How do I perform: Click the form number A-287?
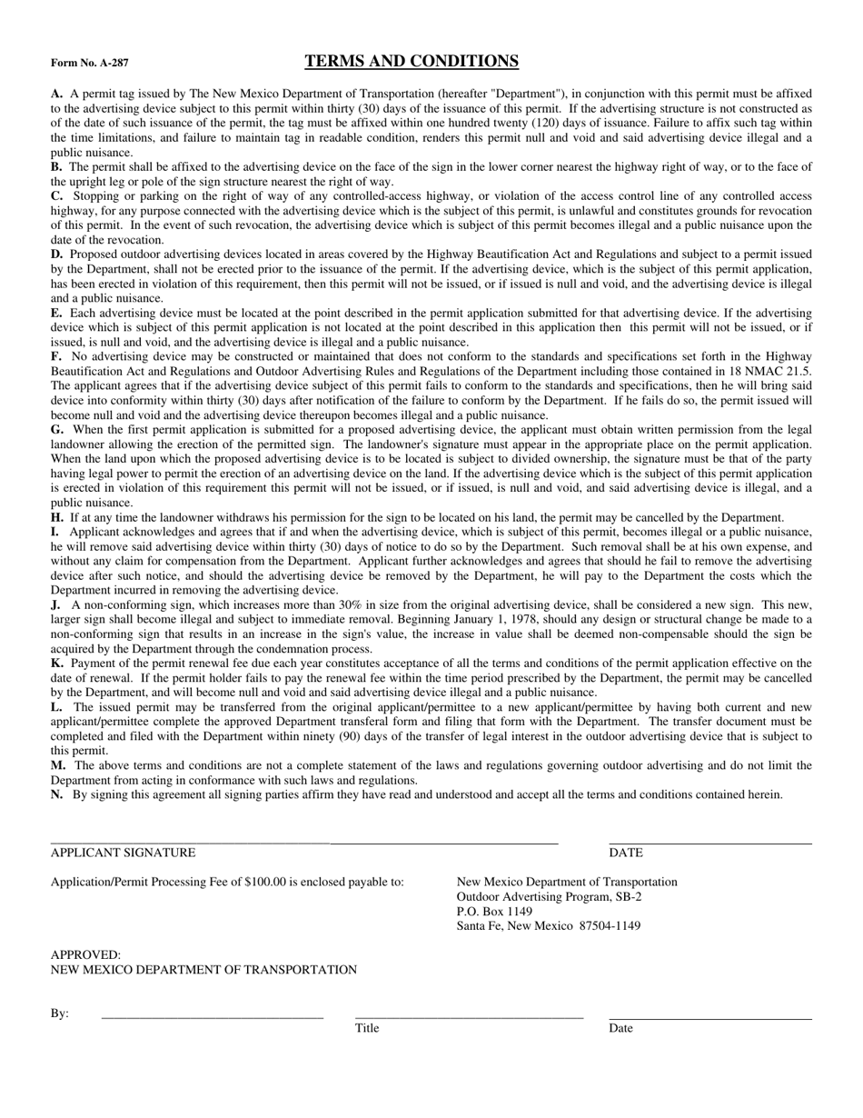tap(90, 64)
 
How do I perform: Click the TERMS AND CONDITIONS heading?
tap(412, 62)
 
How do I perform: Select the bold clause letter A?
tap(56, 94)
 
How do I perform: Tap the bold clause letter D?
tap(56, 255)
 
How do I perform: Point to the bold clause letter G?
tap(57, 429)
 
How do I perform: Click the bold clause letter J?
tap(55, 604)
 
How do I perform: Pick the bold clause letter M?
tap(57, 765)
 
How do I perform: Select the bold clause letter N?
tap(56, 794)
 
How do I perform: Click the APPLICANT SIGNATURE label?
tap(123, 853)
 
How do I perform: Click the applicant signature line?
tap(304, 843)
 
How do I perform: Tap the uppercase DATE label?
tap(626, 853)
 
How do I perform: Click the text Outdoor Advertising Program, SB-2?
tap(549, 896)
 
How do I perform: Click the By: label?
tap(60, 1013)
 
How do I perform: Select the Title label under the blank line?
tap(367, 1028)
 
